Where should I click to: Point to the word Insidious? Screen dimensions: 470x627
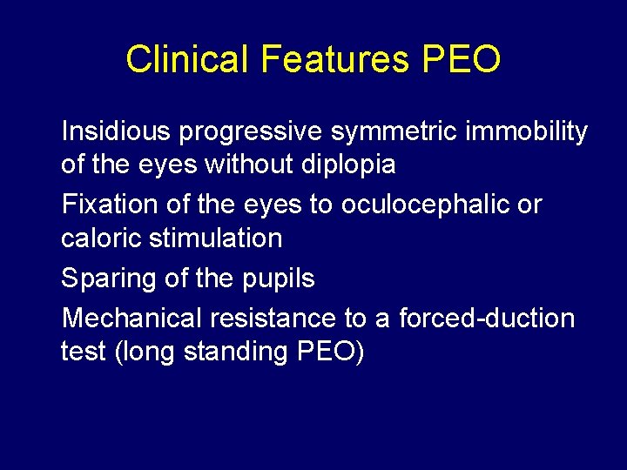tap(117, 131)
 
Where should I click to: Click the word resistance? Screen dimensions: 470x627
tap(280, 319)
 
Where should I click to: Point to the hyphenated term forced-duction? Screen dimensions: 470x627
tap(487, 319)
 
